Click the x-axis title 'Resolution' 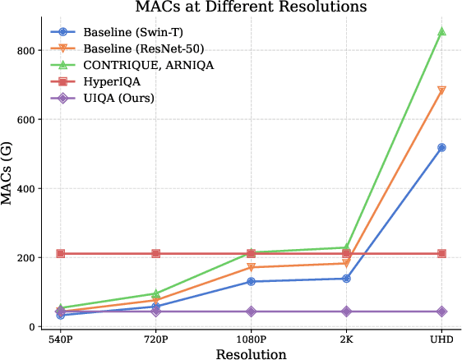251,354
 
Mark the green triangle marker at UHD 441,31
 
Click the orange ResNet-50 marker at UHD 441,91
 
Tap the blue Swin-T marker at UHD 441,148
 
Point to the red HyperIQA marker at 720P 155,254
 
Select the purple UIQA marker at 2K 346,312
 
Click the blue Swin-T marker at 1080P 251,282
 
